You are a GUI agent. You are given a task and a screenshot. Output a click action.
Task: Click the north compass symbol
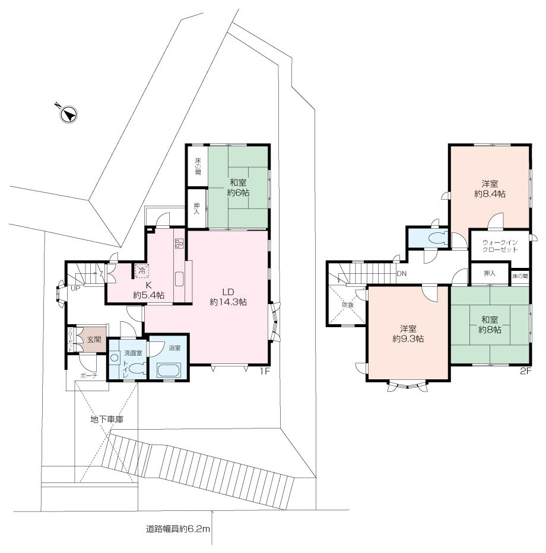[x=68, y=114]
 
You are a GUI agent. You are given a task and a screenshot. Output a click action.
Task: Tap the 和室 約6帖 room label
[x=238, y=188]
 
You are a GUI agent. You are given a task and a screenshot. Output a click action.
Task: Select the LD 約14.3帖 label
[x=228, y=297]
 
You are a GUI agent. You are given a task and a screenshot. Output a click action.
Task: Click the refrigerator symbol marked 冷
[x=142, y=271]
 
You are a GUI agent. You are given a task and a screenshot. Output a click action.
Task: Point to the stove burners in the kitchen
[x=179, y=243]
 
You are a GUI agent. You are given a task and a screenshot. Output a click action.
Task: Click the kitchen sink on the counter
[x=179, y=279]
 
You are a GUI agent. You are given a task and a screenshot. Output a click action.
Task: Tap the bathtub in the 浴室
[x=169, y=370]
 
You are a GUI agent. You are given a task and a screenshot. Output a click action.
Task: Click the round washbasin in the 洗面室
[x=115, y=357]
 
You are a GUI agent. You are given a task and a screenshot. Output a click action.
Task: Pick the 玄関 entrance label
[x=94, y=339]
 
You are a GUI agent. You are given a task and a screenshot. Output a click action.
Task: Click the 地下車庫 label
[x=107, y=419]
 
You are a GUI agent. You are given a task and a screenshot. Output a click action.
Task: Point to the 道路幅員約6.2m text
[x=178, y=529]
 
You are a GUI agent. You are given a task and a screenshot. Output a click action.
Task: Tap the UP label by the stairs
[x=75, y=288]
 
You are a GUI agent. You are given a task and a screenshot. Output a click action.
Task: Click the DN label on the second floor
[x=402, y=273]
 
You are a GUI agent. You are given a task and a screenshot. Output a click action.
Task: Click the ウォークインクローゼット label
[x=500, y=246]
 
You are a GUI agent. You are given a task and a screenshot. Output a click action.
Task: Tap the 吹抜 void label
[x=348, y=305]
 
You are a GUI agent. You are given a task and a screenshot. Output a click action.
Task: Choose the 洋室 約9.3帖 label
[x=408, y=334]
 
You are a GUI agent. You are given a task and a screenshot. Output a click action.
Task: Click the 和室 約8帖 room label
[x=490, y=324]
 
